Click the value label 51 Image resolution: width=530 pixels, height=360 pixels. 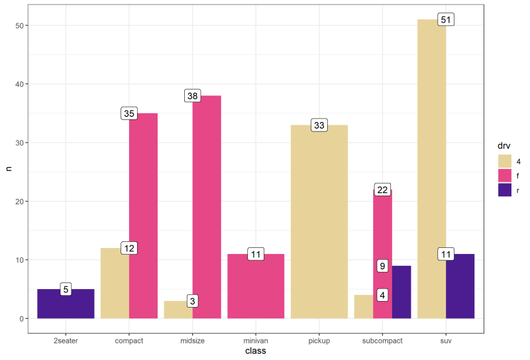pyautogui.click(x=445, y=20)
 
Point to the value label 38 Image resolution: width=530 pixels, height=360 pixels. pyautogui.click(x=192, y=96)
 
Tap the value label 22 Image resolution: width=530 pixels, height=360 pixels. pyautogui.click(x=382, y=190)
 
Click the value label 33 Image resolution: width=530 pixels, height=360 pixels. pyautogui.click(x=319, y=125)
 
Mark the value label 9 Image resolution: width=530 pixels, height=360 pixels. pyautogui.click(x=382, y=266)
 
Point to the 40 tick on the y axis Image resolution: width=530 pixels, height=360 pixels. pyautogui.click(x=21, y=84)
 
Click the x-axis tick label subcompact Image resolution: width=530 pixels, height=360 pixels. pyautogui.click(x=383, y=341)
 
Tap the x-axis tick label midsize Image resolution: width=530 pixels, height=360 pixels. pyautogui.click(x=192, y=341)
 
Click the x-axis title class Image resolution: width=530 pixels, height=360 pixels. pyautogui.click(x=255, y=351)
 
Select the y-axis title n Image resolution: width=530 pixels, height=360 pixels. pyautogui.click(x=9, y=170)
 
